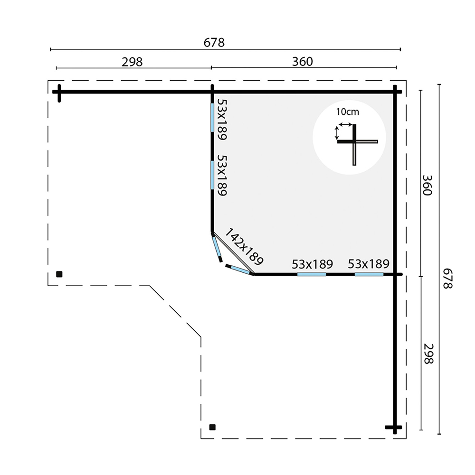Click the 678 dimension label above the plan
pyautogui.click(x=214, y=43)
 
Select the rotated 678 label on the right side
pyautogui.click(x=447, y=279)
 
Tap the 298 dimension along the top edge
pyautogui.click(x=132, y=62)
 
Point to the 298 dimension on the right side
pyautogui.click(x=428, y=354)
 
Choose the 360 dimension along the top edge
pyautogui.click(x=303, y=62)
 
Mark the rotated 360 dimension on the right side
pyautogui.click(x=427, y=186)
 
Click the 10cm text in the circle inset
pyautogui.click(x=348, y=112)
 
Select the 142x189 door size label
pyautogui.click(x=244, y=246)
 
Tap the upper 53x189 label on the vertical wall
pyautogui.click(x=222, y=120)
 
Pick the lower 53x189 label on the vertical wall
pyautogui.click(x=222, y=176)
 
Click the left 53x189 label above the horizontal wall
pyautogui.click(x=313, y=264)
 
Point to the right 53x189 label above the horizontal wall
pyautogui.click(x=369, y=264)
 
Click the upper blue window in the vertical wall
pyautogui.click(x=212, y=118)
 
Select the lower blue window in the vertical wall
pyautogui.click(x=212, y=175)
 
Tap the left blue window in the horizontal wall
pyautogui.click(x=312, y=274)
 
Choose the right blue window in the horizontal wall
pyautogui.click(x=369, y=274)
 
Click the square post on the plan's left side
pyautogui.click(x=59, y=274)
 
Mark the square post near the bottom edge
pyautogui.click(x=212, y=428)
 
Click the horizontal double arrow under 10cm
pyautogui.click(x=345, y=124)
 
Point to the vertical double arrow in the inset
pyautogui.click(x=336, y=133)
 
